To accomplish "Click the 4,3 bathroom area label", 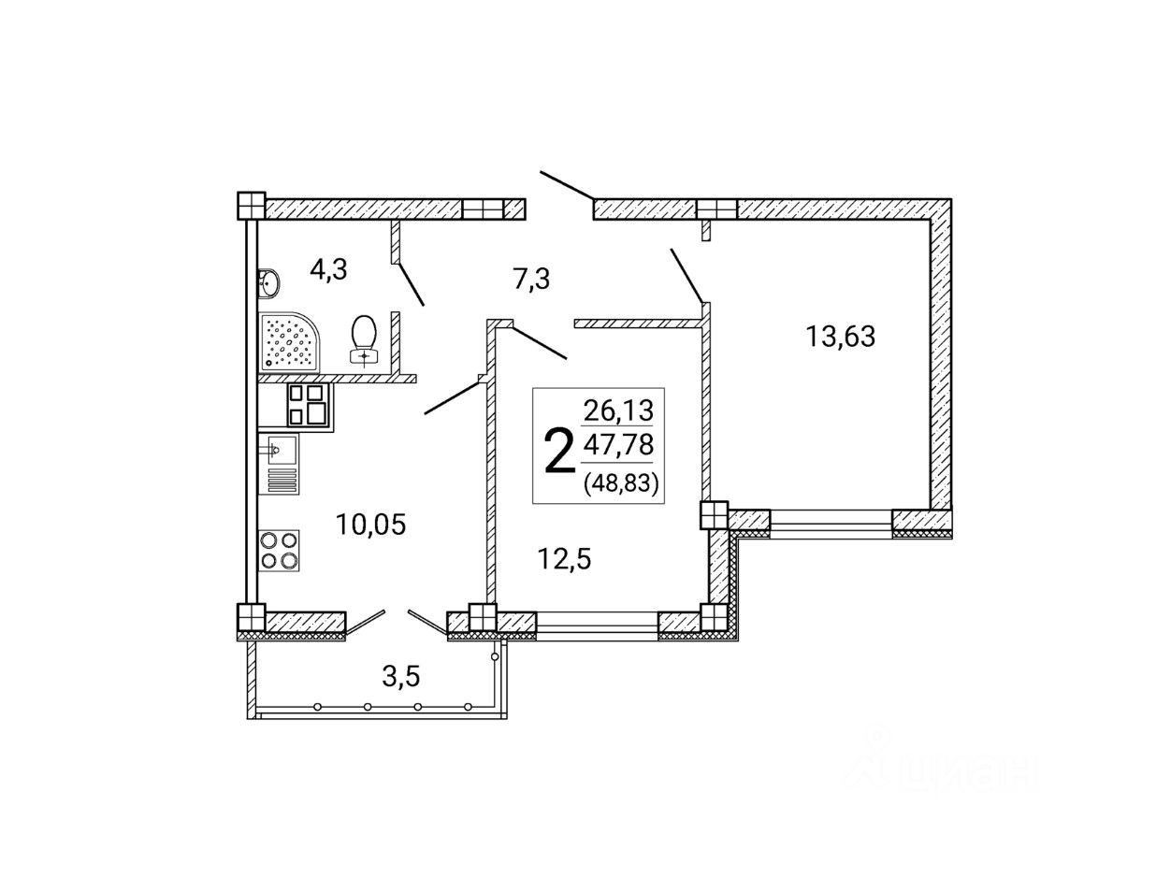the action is (329, 269).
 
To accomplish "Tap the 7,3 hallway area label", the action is (531, 279).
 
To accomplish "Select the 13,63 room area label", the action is (841, 336).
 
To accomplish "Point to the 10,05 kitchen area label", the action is (370, 525).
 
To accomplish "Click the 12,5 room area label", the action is (564, 559).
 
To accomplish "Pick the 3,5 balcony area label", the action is (401, 677).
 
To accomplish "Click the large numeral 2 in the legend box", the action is (560, 452).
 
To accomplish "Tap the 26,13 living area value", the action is (618, 410).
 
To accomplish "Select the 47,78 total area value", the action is (618, 444).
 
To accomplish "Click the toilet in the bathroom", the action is (364, 339).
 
